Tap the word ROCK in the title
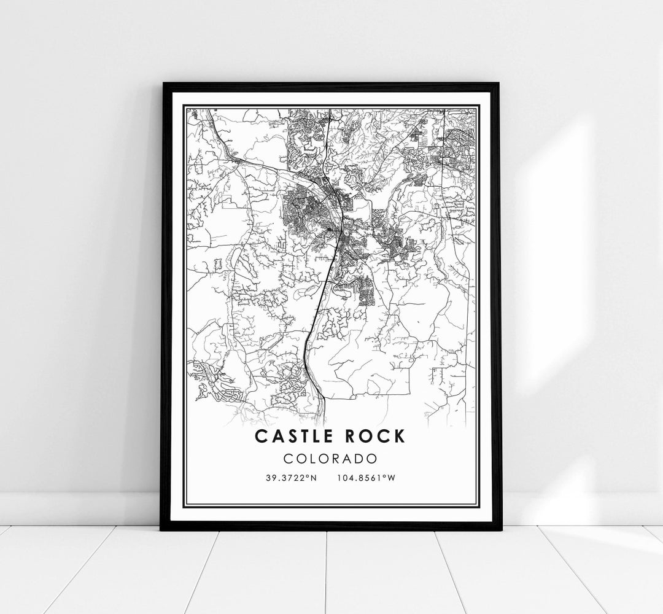[376, 437]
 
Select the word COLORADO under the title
[331, 458]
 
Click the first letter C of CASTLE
[260, 437]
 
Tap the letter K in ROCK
[400, 437]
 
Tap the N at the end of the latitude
[314, 477]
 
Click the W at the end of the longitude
[390, 477]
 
